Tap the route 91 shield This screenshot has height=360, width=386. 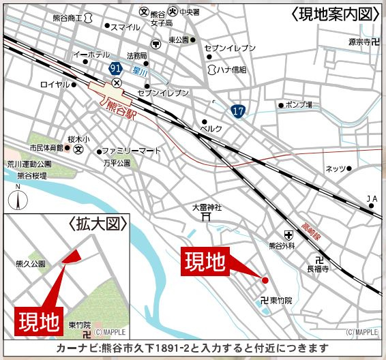click(116, 68)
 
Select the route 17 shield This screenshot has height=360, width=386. click(237, 110)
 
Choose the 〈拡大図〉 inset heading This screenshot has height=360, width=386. click(96, 224)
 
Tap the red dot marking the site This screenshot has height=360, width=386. click(265, 280)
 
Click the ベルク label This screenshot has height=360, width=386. click(211, 127)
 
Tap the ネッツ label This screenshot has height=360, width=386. click(336, 168)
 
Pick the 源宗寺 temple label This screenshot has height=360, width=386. click(361, 42)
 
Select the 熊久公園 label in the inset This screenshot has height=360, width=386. click(30, 263)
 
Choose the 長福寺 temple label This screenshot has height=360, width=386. click(317, 269)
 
